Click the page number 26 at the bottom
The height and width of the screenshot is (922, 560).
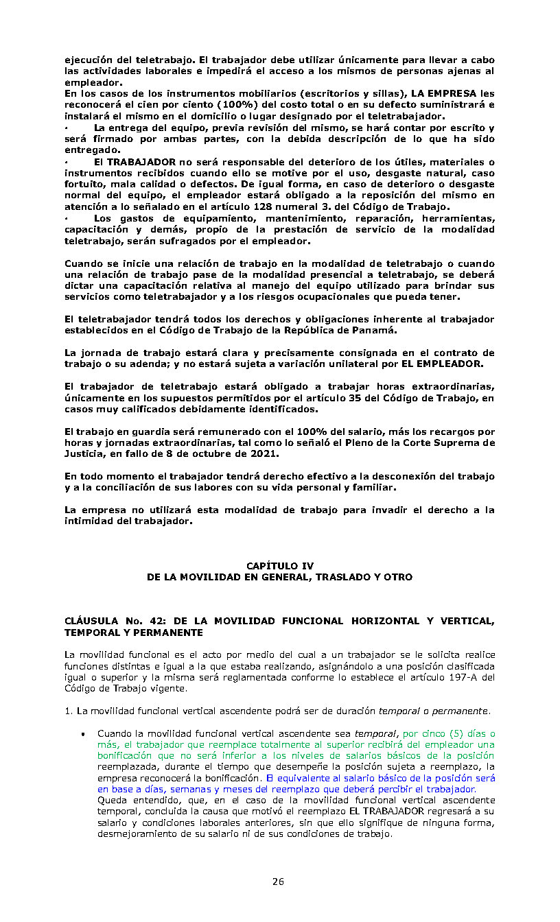pos(278,882)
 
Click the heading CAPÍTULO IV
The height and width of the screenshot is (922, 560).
pos(279,566)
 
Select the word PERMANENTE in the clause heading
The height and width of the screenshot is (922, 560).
pos(169,633)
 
